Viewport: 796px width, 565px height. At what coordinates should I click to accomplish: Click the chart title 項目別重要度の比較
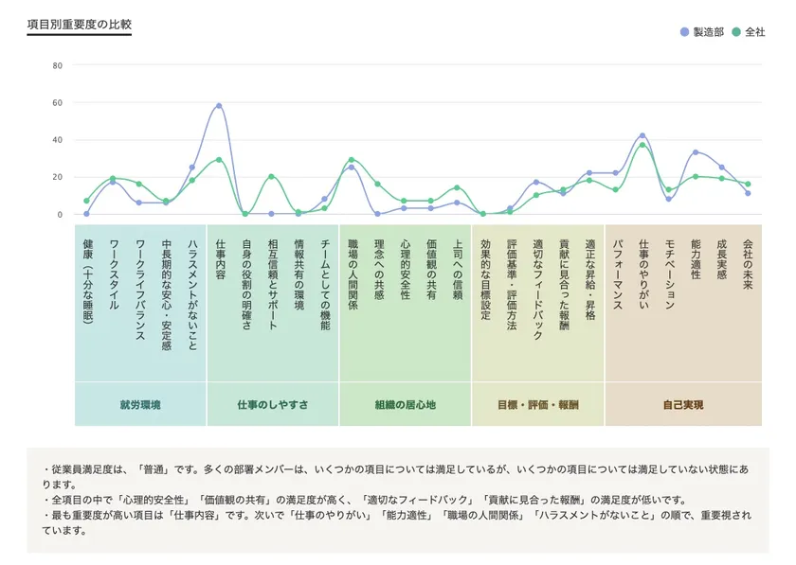click(x=79, y=24)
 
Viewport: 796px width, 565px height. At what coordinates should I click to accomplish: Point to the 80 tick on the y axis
click(x=57, y=65)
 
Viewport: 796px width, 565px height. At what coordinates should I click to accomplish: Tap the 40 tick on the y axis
click(x=57, y=140)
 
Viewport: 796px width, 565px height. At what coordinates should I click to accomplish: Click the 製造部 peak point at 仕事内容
click(x=219, y=106)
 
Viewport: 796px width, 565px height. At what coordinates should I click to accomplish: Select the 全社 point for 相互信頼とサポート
click(x=272, y=177)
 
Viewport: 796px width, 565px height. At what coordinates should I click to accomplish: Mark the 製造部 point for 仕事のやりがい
click(x=642, y=136)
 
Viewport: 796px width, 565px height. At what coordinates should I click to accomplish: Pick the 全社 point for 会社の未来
click(x=748, y=185)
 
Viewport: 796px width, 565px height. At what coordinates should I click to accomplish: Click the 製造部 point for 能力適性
click(x=696, y=152)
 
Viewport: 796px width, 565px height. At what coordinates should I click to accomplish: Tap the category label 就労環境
click(x=140, y=405)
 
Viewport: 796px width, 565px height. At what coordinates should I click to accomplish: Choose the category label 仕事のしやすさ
click(x=273, y=405)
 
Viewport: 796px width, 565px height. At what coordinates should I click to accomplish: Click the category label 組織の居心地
click(x=405, y=405)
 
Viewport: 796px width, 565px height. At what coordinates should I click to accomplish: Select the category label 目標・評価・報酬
click(x=537, y=405)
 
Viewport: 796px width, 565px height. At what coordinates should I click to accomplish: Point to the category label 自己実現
click(x=683, y=405)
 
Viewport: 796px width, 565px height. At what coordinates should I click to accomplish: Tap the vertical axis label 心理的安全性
click(x=405, y=270)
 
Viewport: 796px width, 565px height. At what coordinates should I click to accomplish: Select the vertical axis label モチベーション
click(x=669, y=274)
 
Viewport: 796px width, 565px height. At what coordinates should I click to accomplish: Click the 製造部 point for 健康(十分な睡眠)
click(x=86, y=214)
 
